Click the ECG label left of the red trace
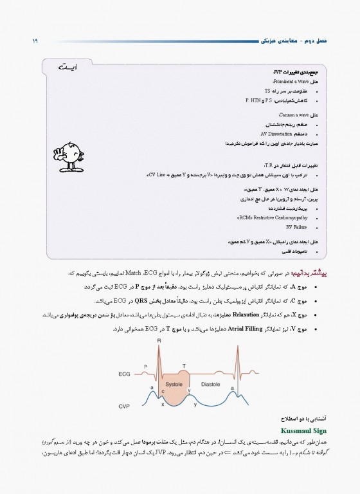[125, 373]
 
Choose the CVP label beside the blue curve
[125, 407]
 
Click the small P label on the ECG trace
[145, 365]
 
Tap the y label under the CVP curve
[195, 405]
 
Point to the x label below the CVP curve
[163, 405]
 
